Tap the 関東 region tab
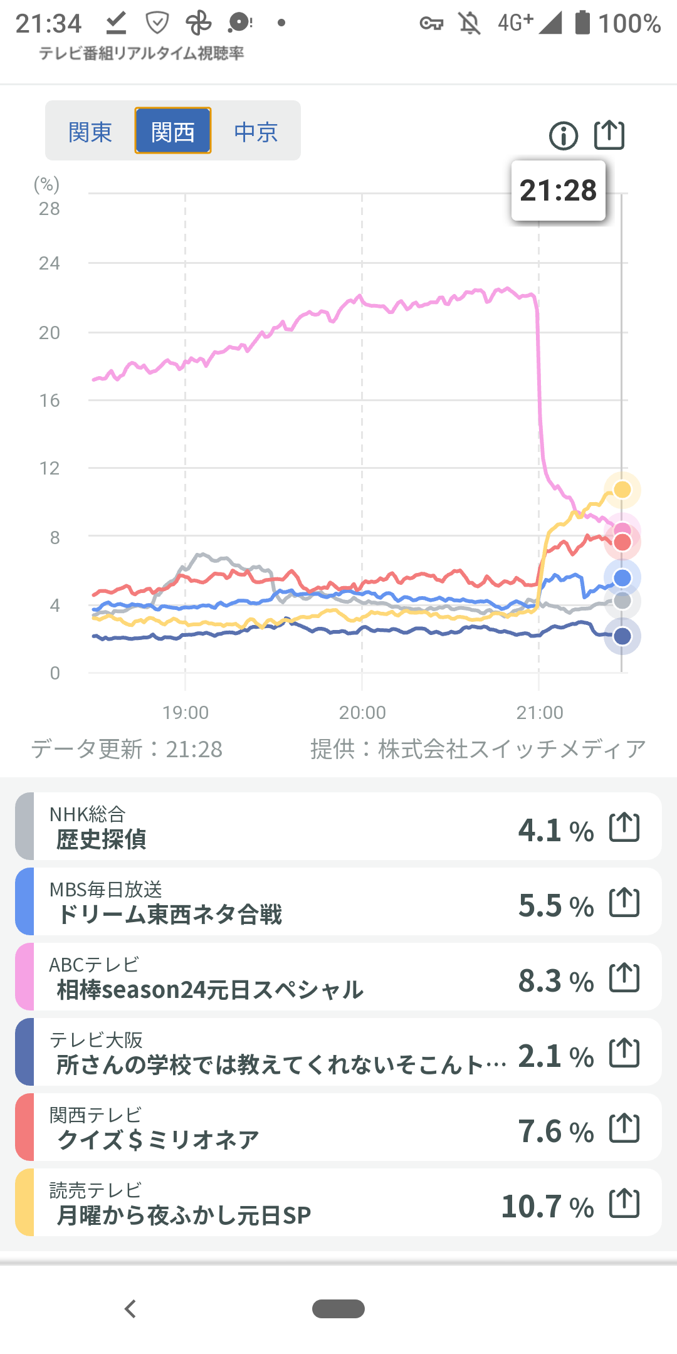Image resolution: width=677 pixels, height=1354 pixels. [x=90, y=132]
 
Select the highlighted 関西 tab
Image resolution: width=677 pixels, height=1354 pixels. [x=173, y=132]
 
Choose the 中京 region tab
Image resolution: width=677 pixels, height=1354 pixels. [x=256, y=132]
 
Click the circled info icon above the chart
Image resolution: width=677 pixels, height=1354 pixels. [x=564, y=135]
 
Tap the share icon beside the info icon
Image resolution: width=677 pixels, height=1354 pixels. [x=609, y=135]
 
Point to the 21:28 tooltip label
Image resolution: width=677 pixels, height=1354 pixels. [x=558, y=191]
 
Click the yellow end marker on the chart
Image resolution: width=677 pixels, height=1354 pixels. [x=622, y=490]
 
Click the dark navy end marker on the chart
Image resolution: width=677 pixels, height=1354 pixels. [x=622, y=636]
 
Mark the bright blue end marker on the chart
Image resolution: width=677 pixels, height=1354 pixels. [x=622, y=578]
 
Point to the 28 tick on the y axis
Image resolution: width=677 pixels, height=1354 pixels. [x=50, y=209]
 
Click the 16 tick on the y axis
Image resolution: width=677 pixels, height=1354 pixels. [x=50, y=401]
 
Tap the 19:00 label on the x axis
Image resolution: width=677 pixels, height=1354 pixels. [x=186, y=713]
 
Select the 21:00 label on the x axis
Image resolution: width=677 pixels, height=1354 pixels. [x=540, y=713]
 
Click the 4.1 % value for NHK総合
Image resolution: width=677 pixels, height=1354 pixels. [x=555, y=831]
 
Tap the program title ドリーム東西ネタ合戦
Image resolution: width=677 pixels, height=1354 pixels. [x=170, y=915]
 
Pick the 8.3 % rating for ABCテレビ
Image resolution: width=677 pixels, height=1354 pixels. [x=555, y=981]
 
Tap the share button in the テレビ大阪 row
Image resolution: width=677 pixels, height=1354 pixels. [x=624, y=1053]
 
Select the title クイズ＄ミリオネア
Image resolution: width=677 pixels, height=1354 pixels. [x=158, y=1140]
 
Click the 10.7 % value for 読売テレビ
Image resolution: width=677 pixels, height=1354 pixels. [x=547, y=1207]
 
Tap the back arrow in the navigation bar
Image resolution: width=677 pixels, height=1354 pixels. [x=130, y=1309]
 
